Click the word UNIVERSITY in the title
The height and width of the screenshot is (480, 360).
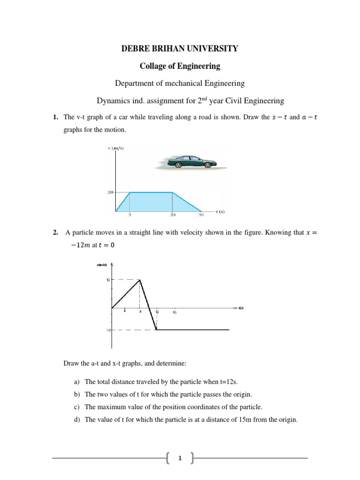[213, 48]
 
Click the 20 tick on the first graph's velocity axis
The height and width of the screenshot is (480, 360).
[111, 192]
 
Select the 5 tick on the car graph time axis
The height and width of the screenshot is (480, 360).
[130, 215]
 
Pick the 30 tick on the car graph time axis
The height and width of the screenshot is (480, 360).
[202, 215]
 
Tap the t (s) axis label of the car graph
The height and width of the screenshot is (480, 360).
[221, 211]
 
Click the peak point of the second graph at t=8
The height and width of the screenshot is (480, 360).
[140, 280]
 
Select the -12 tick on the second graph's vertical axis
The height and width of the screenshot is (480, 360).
[107, 330]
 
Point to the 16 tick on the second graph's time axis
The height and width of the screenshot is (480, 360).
[174, 312]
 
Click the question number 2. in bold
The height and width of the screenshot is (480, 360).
[55, 232]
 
